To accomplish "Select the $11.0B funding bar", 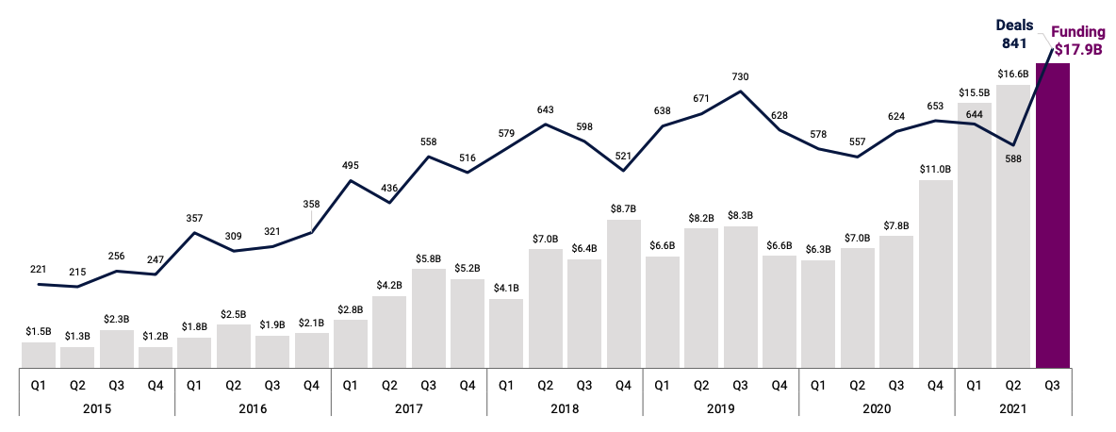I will [x=935, y=274].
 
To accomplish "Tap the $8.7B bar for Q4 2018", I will [x=623, y=293].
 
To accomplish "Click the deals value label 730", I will [x=740, y=75].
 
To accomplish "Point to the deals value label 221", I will [x=39, y=269].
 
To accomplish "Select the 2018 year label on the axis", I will [x=565, y=408].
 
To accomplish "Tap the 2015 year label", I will [x=97, y=408].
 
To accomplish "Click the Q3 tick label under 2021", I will [x=1053, y=384].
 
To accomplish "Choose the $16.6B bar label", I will [x=1013, y=73].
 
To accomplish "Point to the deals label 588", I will [x=1013, y=159].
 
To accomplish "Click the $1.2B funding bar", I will [x=156, y=357].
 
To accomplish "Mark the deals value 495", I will [x=350, y=165].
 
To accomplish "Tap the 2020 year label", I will [x=877, y=408].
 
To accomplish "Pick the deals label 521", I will [x=623, y=156].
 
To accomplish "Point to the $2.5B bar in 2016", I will [x=234, y=346].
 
